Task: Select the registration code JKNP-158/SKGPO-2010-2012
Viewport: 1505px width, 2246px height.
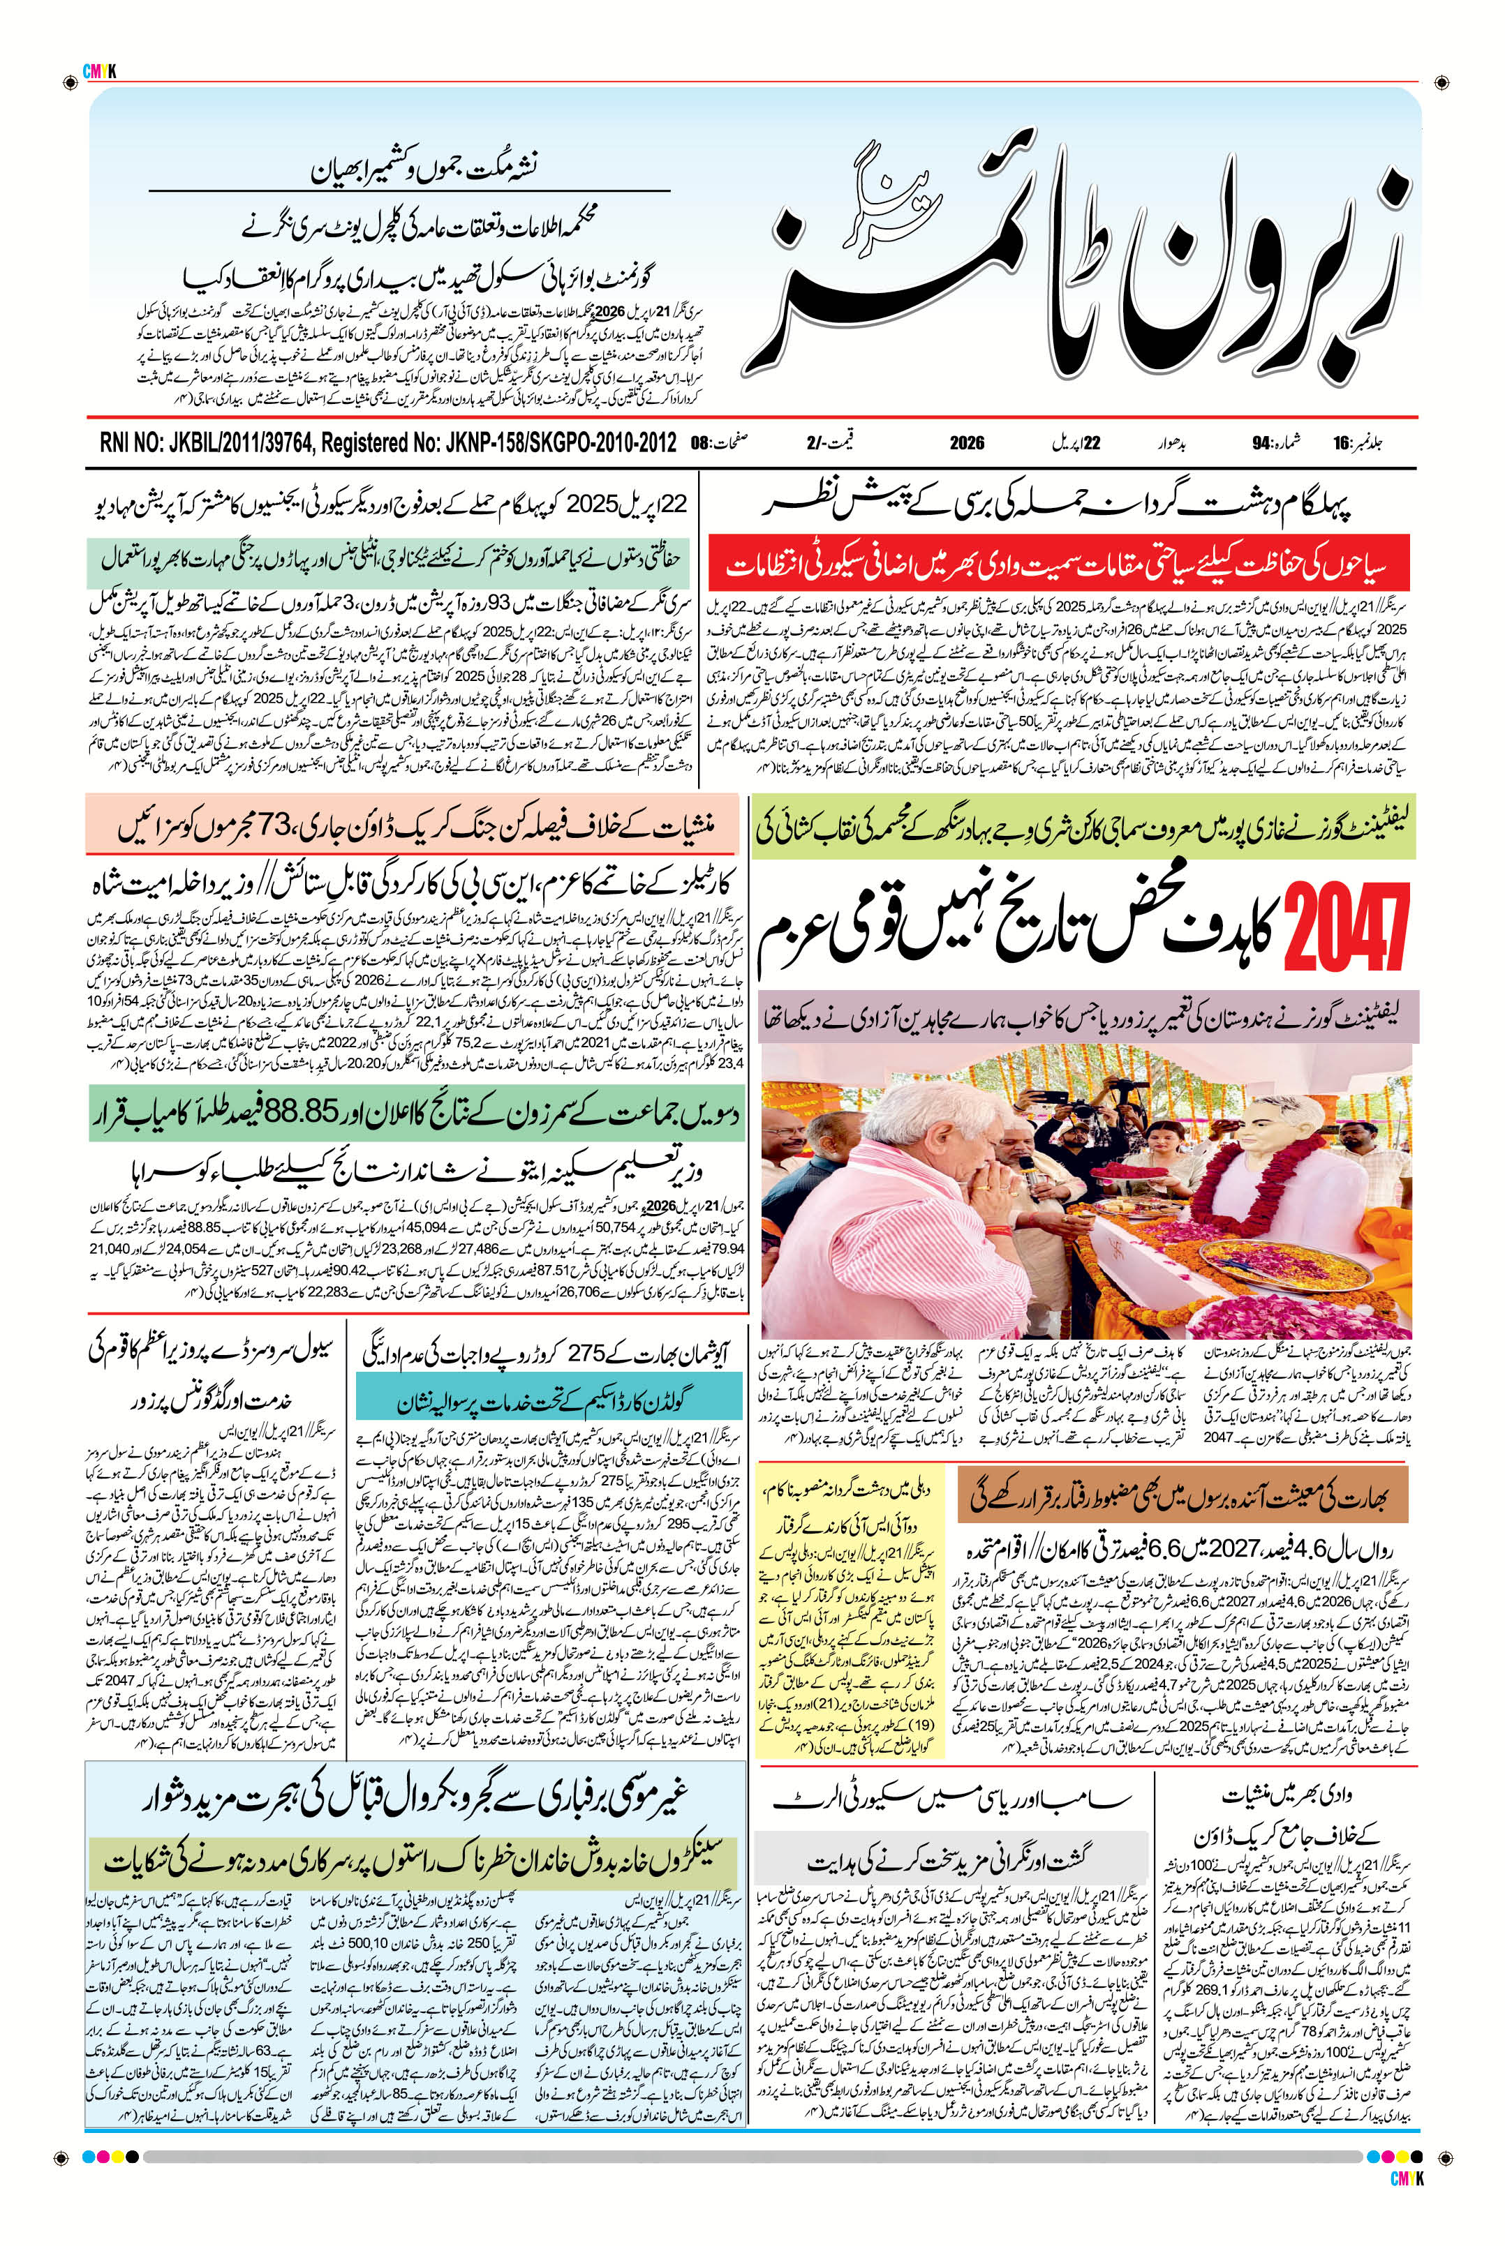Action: [561, 442]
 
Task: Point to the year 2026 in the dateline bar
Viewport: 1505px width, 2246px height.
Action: [967, 443]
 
